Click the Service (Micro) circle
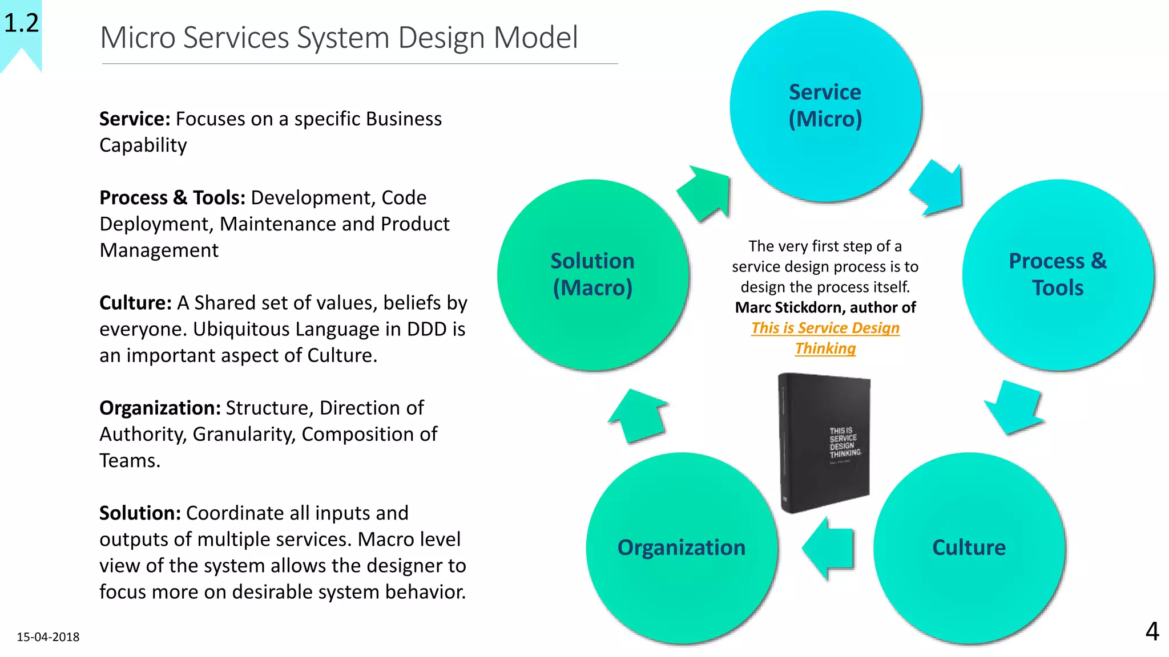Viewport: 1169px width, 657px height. click(825, 106)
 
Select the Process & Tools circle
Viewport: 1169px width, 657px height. click(1057, 274)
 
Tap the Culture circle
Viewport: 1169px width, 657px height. click(969, 547)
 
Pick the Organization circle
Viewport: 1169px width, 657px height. click(681, 547)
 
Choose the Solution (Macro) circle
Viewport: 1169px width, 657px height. click(592, 274)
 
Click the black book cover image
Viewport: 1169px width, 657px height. click(825, 442)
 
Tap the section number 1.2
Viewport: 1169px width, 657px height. click(21, 23)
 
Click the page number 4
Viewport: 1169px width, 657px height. click(1152, 631)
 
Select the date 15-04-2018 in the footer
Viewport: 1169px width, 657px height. click(48, 637)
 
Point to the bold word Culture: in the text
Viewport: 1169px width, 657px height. click(135, 303)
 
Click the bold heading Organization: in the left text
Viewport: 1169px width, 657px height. click(160, 408)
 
